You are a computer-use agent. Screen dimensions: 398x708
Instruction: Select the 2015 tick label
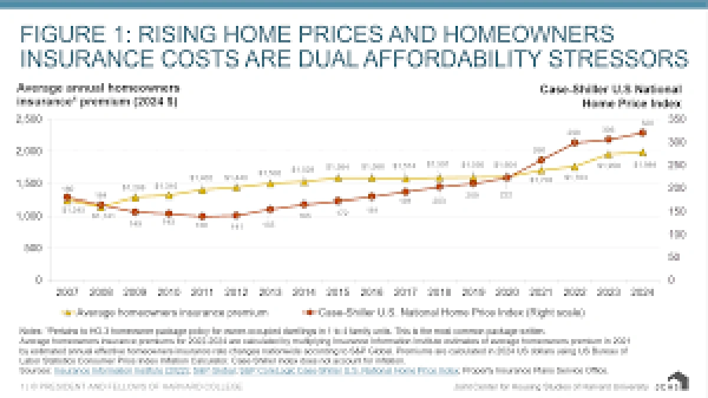coord(338,291)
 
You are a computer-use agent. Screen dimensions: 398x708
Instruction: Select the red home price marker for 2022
coord(573,143)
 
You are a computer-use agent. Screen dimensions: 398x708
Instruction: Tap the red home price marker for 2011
coord(202,216)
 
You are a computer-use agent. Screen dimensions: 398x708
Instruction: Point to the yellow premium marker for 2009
coord(136,198)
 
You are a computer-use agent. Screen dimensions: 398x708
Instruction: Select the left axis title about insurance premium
coord(98,94)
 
